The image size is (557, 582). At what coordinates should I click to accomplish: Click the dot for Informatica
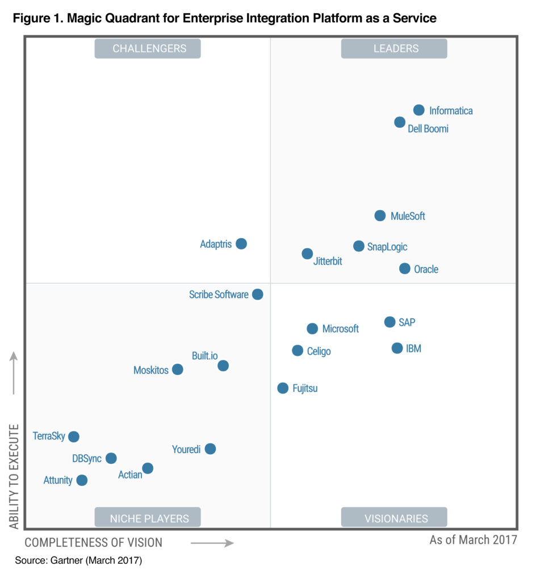pos(418,110)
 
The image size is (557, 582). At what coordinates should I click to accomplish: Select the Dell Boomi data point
pos(400,122)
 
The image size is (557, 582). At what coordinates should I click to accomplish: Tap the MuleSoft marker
pos(380,215)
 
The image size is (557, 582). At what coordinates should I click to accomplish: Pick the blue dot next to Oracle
pos(404,268)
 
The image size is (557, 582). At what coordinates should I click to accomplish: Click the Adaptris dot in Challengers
pos(241,244)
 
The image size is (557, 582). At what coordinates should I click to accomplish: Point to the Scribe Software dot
pos(257,294)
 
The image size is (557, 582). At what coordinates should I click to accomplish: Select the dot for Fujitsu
pos(283,388)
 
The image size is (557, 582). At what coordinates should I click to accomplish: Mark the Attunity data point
pos(82,480)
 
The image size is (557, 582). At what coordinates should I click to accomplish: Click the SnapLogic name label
pos(387,247)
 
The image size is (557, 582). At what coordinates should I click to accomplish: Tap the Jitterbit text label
pos(328,262)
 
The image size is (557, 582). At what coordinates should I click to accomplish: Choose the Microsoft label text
pos(341,329)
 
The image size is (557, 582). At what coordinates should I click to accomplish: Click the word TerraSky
pos(49,436)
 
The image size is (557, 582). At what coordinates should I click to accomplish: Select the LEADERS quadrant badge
pos(394,49)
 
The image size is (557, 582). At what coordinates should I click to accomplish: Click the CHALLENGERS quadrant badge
pos(148,49)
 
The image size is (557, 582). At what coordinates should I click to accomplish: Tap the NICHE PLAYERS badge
pos(148,518)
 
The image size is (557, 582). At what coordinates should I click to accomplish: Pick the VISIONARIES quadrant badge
pos(394,518)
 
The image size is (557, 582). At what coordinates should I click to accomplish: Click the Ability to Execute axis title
pos(14,476)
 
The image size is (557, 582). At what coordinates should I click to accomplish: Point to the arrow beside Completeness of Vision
pos(212,543)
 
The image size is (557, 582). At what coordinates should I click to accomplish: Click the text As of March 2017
pos(473,539)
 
